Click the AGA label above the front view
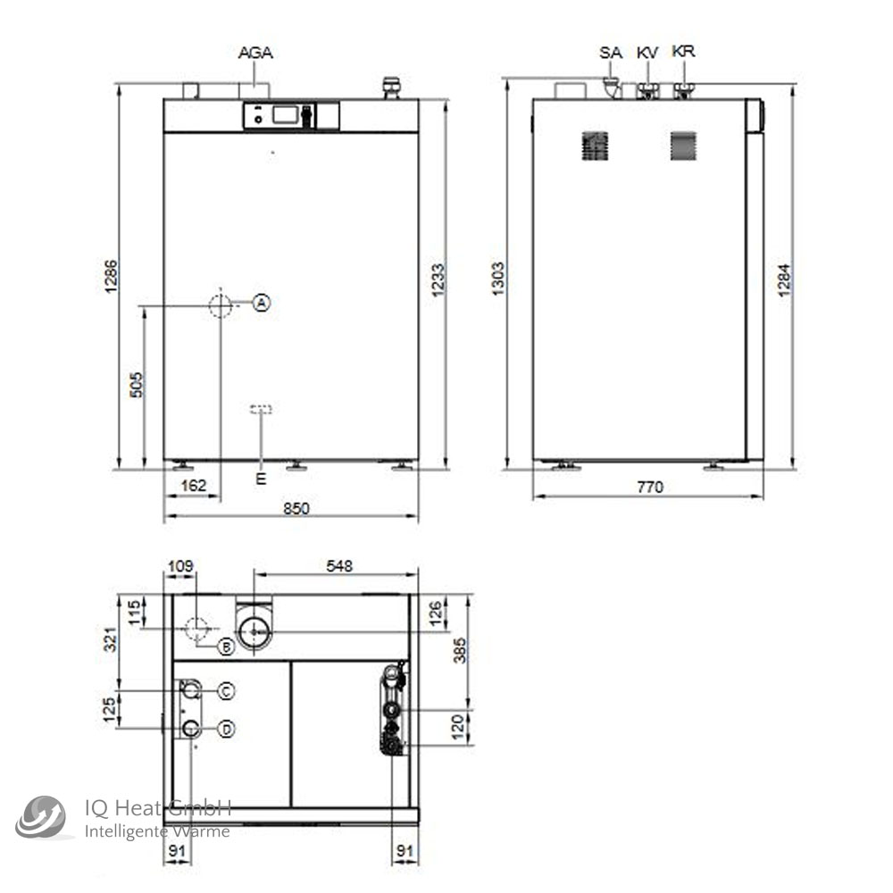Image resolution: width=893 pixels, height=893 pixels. [x=255, y=53]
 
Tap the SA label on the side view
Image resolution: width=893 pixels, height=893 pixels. [x=610, y=53]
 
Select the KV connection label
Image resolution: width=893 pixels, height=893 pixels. [x=647, y=53]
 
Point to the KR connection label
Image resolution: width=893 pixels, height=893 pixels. [x=683, y=52]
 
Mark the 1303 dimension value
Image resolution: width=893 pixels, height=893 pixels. [x=498, y=279]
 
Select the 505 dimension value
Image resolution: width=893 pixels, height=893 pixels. [x=137, y=384]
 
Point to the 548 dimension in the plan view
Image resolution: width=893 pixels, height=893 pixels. [x=339, y=565]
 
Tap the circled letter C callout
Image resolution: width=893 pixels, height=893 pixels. [x=227, y=690]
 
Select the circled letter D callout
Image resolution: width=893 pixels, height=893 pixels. [x=227, y=730]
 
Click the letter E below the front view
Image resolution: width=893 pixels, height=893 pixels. [x=261, y=479]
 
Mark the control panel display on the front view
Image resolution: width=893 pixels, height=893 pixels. [x=286, y=115]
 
